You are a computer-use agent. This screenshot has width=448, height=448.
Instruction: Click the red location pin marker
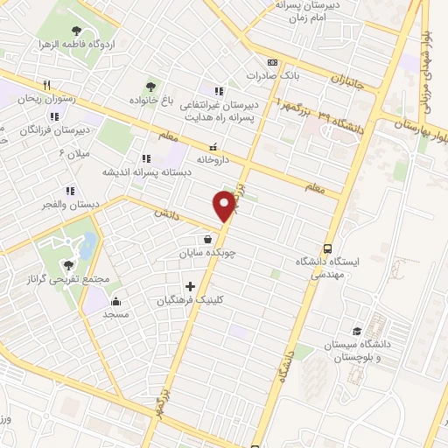[224, 206]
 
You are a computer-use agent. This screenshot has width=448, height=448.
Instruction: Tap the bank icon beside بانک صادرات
[272, 63]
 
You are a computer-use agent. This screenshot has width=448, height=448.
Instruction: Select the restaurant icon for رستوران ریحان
[47, 86]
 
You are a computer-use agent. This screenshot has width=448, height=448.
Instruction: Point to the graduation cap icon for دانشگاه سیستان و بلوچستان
[357, 331]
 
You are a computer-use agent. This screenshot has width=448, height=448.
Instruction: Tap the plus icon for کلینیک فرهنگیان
[190, 286]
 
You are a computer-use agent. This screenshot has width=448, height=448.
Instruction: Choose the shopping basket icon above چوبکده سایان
[206, 238]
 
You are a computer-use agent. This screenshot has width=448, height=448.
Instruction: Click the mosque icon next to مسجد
[115, 300]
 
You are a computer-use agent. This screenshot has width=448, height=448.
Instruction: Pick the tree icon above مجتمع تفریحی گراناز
[69, 265]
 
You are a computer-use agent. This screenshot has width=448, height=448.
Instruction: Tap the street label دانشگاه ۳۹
[337, 115]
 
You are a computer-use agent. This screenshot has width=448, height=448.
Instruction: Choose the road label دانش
[166, 213]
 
